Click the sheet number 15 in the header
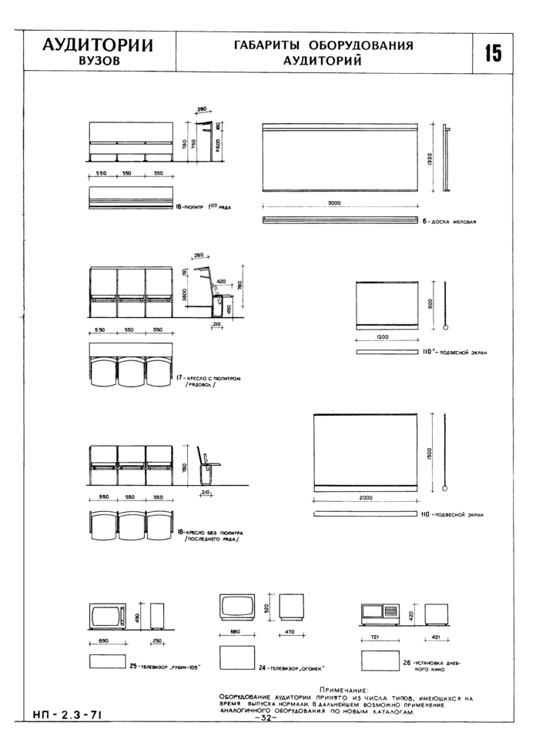pyautogui.click(x=493, y=53)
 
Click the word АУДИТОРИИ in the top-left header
pyautogui.click(x=97, y=45)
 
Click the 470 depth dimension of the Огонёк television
pyautogui.click(x=291, y=633)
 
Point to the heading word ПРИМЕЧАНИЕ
pyautogui.click(x=343, y=691)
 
